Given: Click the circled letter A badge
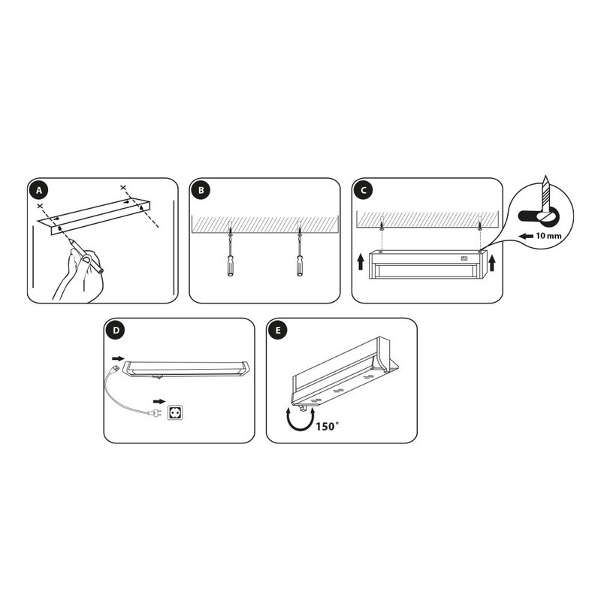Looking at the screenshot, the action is pyautogui.click(x=39, y=190).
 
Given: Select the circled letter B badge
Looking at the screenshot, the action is pyautogui.click(x=201, y=190).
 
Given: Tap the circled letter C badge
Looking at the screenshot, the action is pyautogui.click(x=364, y=190).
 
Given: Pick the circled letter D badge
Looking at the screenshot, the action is pyautogui.click(x=116, y=331).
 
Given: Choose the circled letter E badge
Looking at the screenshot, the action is pyautogui.click(x=278, y=331).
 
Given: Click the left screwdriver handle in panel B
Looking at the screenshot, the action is pyautogui.click(x=230, y=265).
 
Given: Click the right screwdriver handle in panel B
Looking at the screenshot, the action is pyautogui.click(x=300, y=265).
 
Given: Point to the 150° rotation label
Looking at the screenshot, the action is pyautogui.click(x=328, y=426).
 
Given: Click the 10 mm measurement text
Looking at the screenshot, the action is pyautogui.click(x=548, y=236).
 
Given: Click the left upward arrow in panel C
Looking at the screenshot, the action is pyautogui.click(x=361, y=263).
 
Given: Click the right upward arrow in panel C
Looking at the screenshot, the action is pyautogui.click(x=492, y=263).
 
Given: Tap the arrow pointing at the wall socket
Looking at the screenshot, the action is pyautogui.click(x=159, y=401).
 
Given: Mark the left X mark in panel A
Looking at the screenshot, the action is pyautogui.click(x=40, y=206).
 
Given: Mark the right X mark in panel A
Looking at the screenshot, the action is pyautogui.click(x=122, y=187).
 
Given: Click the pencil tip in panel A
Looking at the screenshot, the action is pyautogui.click(x=69, y=240).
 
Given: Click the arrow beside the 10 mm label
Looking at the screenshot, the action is pyautogui.click(x=527, y=236).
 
